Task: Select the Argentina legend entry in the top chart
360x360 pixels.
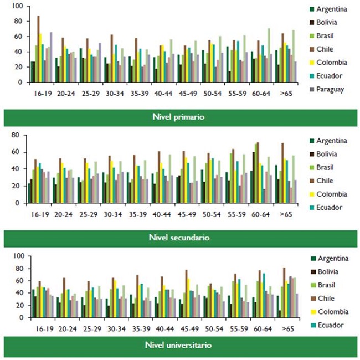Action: click(x=335, y=9)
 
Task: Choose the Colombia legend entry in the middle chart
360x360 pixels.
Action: click(x=335, y=194)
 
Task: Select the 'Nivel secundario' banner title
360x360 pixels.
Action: click(x=180, y=238)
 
